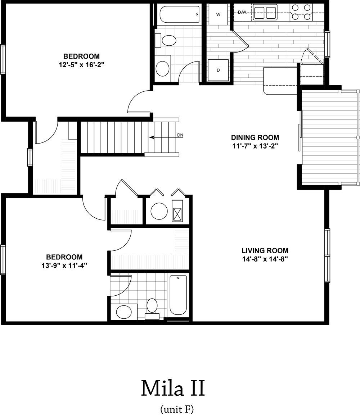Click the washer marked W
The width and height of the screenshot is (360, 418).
pos(218,14)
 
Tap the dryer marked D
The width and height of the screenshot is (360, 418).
pos(218,70)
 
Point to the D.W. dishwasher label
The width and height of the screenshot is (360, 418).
pos(242,12)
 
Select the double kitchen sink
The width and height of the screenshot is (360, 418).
pos(265,12)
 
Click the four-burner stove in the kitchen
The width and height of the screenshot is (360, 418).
pos(301,12)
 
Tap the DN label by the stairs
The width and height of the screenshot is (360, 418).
pos(180,135)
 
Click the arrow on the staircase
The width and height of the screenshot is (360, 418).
pos(162,137)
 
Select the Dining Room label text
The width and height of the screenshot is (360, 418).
pos(255,137)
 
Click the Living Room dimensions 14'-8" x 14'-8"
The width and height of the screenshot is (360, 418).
pos(265,259)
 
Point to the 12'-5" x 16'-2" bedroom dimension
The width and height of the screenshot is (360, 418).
pos(81,65)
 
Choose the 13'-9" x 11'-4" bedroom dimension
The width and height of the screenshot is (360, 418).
pos(64,265)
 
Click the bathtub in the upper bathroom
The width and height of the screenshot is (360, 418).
pos(180,15)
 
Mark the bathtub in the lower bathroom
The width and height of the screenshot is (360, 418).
pos(178,295)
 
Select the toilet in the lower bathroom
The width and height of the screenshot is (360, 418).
pos(152,308)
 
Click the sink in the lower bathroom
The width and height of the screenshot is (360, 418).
pos(124,312)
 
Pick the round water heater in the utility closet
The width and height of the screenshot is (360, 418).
pos(159,211)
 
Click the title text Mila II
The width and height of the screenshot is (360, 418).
pos(173,388)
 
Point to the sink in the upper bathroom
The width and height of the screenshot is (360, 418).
pos(162,68)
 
